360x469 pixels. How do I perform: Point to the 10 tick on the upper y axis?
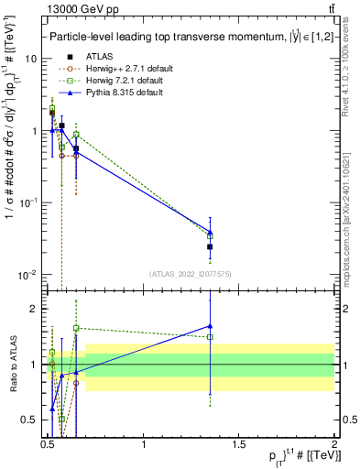click(29, 58)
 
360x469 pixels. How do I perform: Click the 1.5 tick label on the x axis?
click(239, 444)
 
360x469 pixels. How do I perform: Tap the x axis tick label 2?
click(334, 444)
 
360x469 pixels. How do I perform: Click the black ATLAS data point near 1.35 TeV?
click(210, 246)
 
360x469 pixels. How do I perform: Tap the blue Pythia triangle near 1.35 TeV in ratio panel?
click(210, 325)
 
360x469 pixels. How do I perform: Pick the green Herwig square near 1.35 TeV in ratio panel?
click(210, 337)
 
